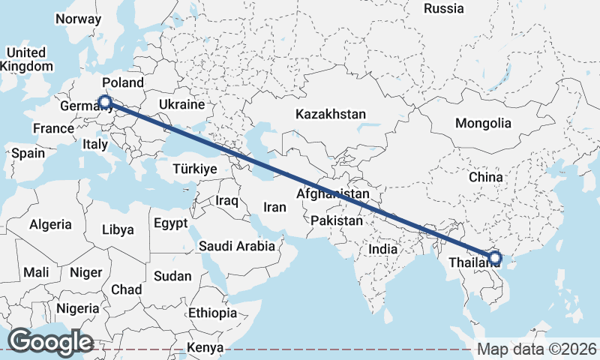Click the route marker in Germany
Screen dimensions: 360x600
point(104,102)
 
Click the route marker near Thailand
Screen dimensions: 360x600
point(494,258)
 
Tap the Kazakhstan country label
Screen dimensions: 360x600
point(330,115)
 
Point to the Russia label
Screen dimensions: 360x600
point(444,9)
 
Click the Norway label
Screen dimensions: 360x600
point(79,19)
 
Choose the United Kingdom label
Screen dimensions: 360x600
point(26,59)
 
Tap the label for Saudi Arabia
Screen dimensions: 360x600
point(236,246)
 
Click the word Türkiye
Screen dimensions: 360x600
point(194,169)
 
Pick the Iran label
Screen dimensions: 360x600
point(275,207)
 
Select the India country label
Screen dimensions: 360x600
point(383,249)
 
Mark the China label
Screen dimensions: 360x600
point(485,178)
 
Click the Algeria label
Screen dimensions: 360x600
point(51,224)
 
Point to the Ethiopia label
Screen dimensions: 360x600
point(212,313)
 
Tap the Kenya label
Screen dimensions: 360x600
point(205,348)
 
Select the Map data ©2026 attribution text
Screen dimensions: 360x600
point(537,349)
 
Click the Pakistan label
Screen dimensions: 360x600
point(337,221)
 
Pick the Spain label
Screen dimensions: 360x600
point(28,153)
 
